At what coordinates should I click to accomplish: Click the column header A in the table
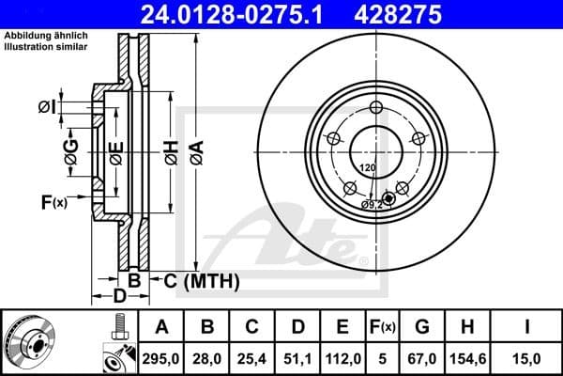tap(162, 327)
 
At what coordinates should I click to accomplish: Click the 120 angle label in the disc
tap(368, 167)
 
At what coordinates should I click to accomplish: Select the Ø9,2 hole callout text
tap(373, 203)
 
